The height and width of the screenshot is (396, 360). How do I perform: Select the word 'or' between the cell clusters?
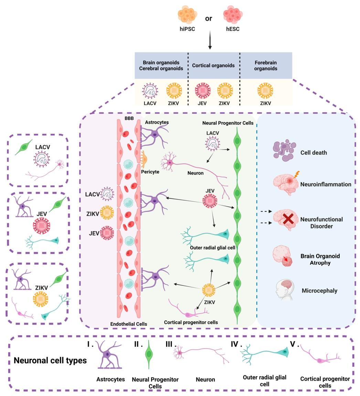(209, 19)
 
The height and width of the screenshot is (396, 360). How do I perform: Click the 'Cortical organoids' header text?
(213, 65)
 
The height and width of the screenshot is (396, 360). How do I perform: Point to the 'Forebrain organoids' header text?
(266, 65)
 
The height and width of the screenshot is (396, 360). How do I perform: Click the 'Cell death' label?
(314, 152)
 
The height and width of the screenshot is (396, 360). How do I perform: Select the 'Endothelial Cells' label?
(129, 324)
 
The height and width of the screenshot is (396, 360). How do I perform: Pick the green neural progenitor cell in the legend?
(149, 355)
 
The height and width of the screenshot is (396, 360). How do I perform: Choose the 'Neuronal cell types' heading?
(50, 361)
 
